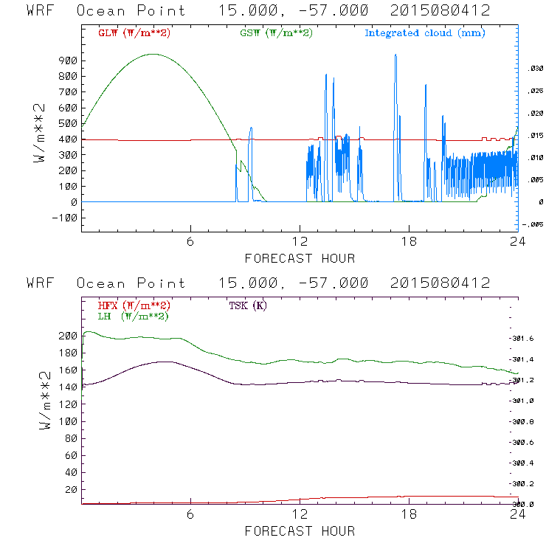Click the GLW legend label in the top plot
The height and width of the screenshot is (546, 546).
pyautogui.click(x=134, y=33)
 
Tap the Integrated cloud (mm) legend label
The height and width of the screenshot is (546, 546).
pyautogui.click(x=425, y=33)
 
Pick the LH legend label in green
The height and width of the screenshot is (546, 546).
pyautogui.click(x=131, y=316)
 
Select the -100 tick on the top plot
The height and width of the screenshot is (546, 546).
pyautogui.click(x=63, y=218)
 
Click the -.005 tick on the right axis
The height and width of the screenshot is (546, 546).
pyautogui.click(x=533, y=224)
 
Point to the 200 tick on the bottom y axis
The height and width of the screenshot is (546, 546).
pyautogui.click(x=66, y=336)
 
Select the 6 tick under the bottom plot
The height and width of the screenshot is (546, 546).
pyautogui.click(x=190, y=515)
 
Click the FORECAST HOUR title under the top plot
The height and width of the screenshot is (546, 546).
pyautogui.click(x=300, y=258)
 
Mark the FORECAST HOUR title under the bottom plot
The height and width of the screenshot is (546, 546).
pyautogui.click(x=300, y=531)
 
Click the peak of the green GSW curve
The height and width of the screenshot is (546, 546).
pyautogui.click(x=153, y=54)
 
